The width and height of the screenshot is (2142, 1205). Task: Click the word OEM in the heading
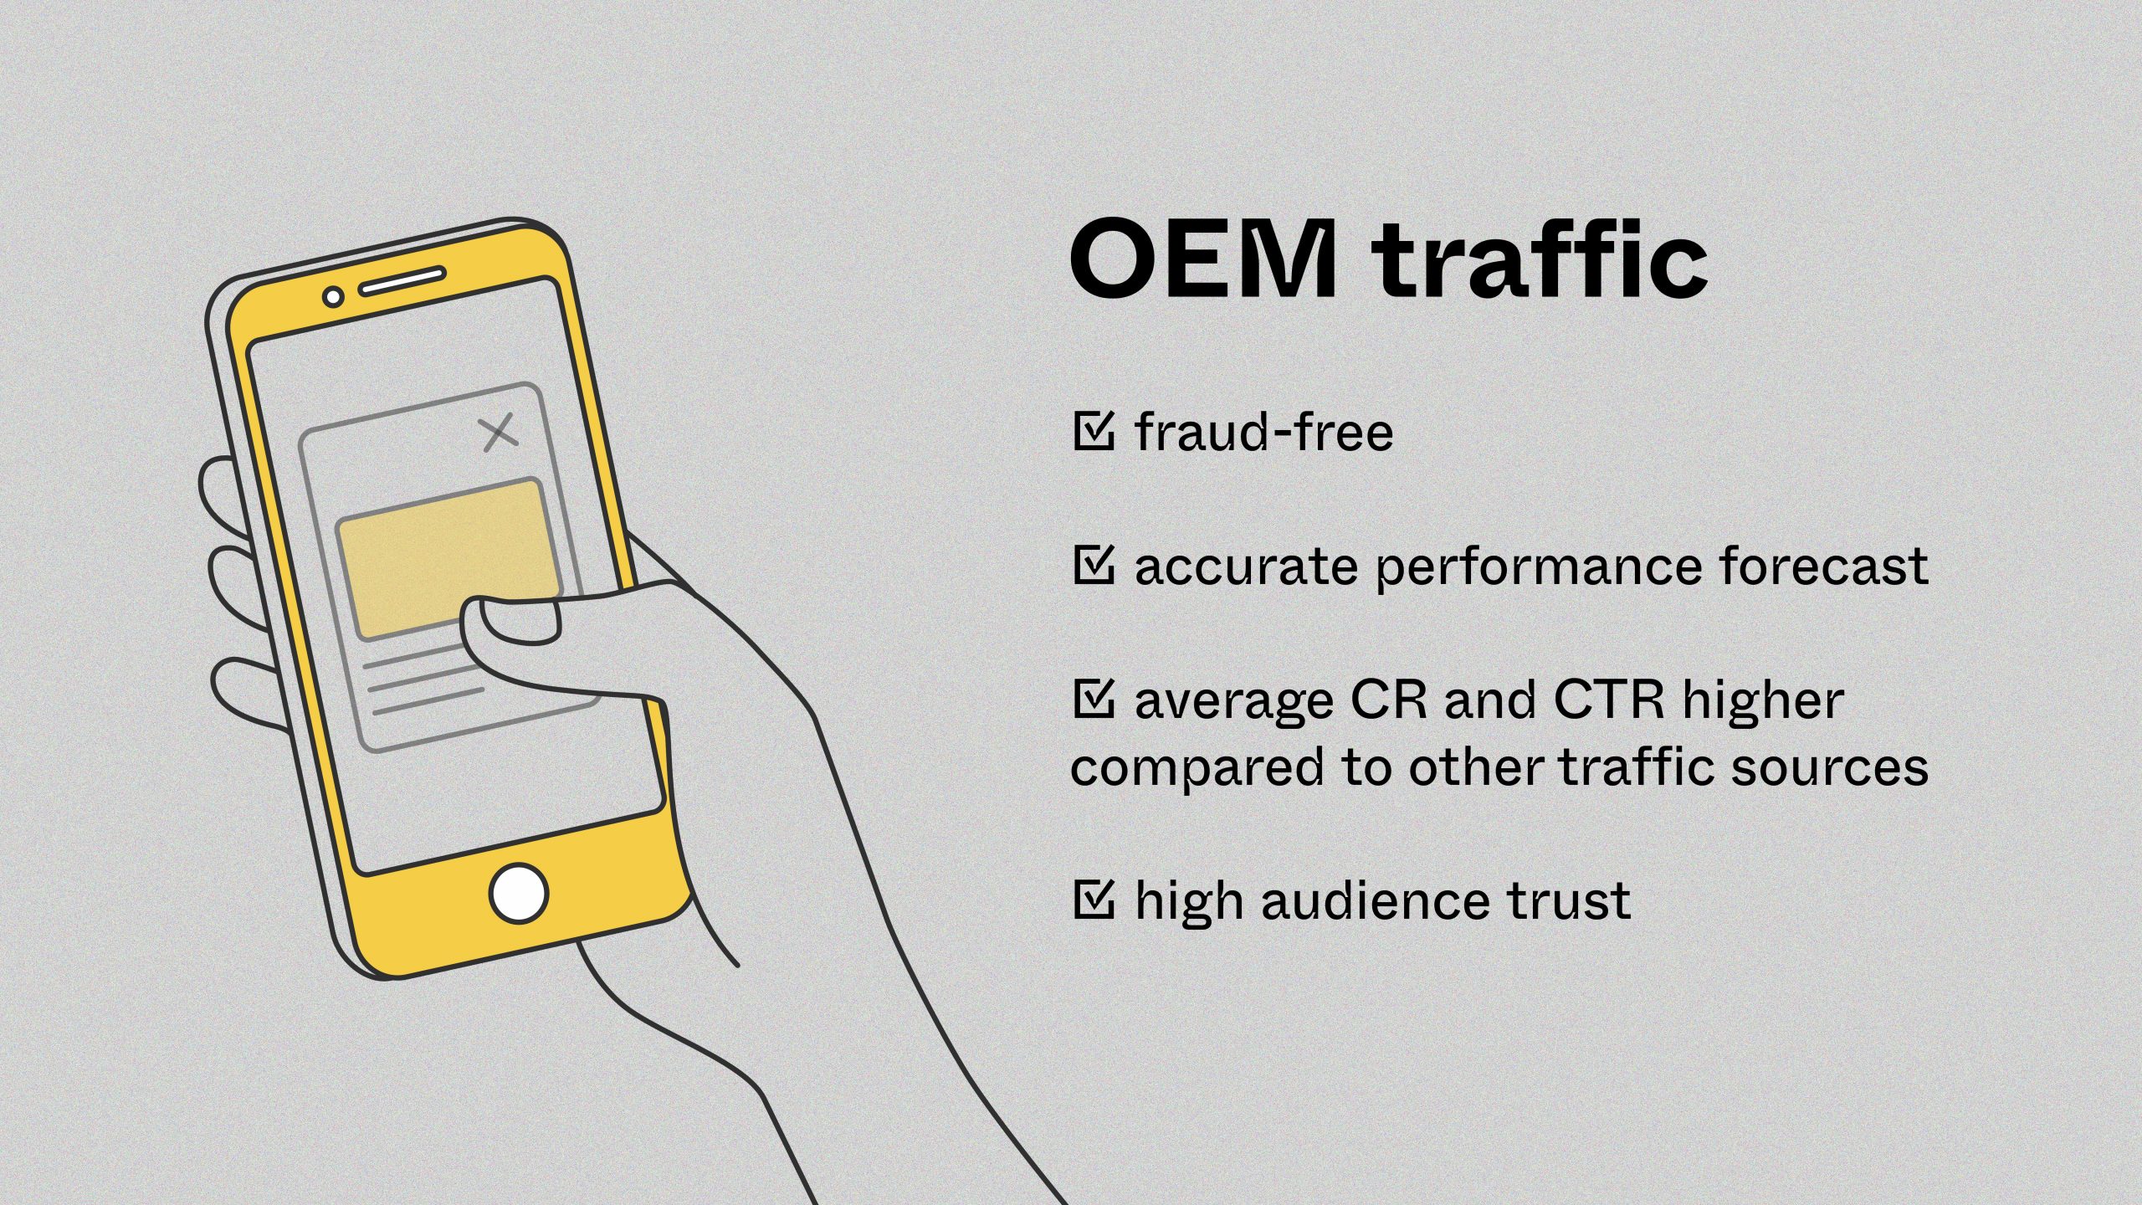1203,259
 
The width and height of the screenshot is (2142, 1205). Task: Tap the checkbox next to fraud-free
1093,430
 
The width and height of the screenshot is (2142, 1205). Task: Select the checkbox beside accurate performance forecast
1093,565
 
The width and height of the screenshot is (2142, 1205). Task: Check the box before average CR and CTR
1093,699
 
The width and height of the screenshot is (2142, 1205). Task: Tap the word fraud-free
1263,432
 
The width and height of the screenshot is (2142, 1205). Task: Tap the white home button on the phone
519,893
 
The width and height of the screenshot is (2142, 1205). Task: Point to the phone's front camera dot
333,296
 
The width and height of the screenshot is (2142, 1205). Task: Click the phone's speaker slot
402,282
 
